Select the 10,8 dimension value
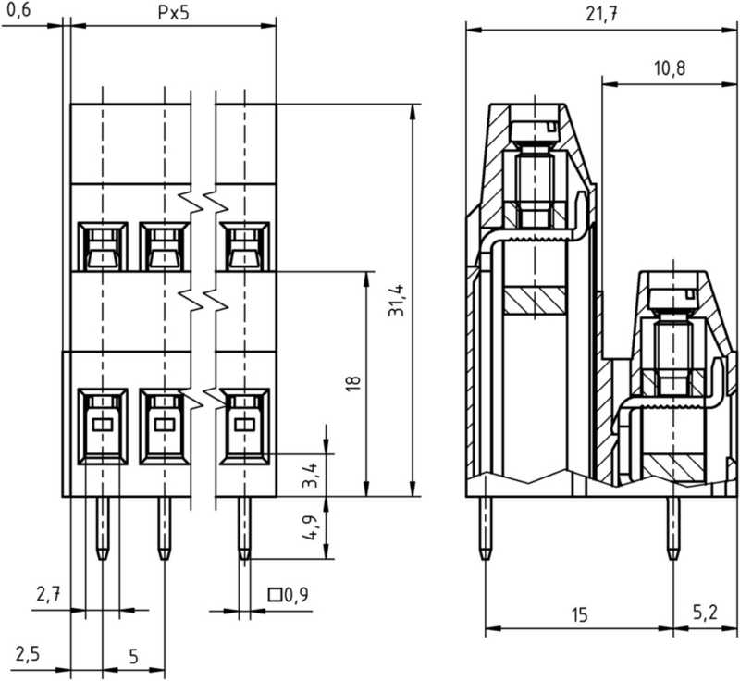[x=670, y=68]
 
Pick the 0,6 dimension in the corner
[x=18, y=11]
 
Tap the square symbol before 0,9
[x=275, y=595]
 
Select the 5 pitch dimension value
[x=133, y=656]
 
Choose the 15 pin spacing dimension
[x=578, y=614]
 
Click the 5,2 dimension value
[x=705, y=614]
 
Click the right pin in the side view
[x=672, y=527]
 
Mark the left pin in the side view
[x=486, y=527]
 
